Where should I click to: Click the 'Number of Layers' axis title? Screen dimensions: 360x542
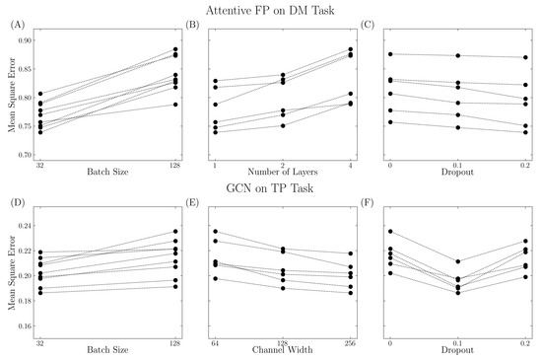point(277,174)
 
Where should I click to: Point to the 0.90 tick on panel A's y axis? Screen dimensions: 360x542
point(21,40)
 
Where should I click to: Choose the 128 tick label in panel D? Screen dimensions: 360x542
point(175,340)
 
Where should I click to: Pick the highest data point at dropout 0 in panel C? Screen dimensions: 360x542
point(391,54)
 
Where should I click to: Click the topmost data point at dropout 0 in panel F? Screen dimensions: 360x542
point(391,232)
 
